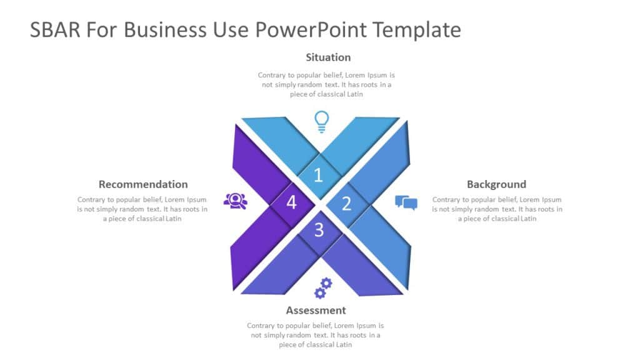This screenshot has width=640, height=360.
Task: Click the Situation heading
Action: [328, 57]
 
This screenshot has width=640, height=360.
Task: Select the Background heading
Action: [496, 184]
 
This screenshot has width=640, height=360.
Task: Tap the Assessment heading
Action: [316, 311]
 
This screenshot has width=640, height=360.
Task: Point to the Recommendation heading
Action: [143, 184]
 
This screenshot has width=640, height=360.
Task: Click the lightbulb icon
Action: [321, 121]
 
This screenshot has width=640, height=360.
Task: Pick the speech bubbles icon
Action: [406, 202]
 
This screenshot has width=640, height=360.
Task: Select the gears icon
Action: [323, 288]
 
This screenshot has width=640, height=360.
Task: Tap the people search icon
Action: [235, 200]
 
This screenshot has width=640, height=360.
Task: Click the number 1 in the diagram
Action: [318, 176]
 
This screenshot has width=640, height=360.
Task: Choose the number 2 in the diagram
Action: [346, 203]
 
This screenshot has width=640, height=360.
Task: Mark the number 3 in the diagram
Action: [319, 230]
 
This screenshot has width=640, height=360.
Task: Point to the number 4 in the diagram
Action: [291, 202]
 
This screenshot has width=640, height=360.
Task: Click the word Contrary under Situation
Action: [272, 75]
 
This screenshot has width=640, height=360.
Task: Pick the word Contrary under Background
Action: [447, 200]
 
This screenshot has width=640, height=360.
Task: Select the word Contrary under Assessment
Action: [262, 326]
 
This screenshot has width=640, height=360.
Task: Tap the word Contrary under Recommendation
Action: [92, 200]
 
